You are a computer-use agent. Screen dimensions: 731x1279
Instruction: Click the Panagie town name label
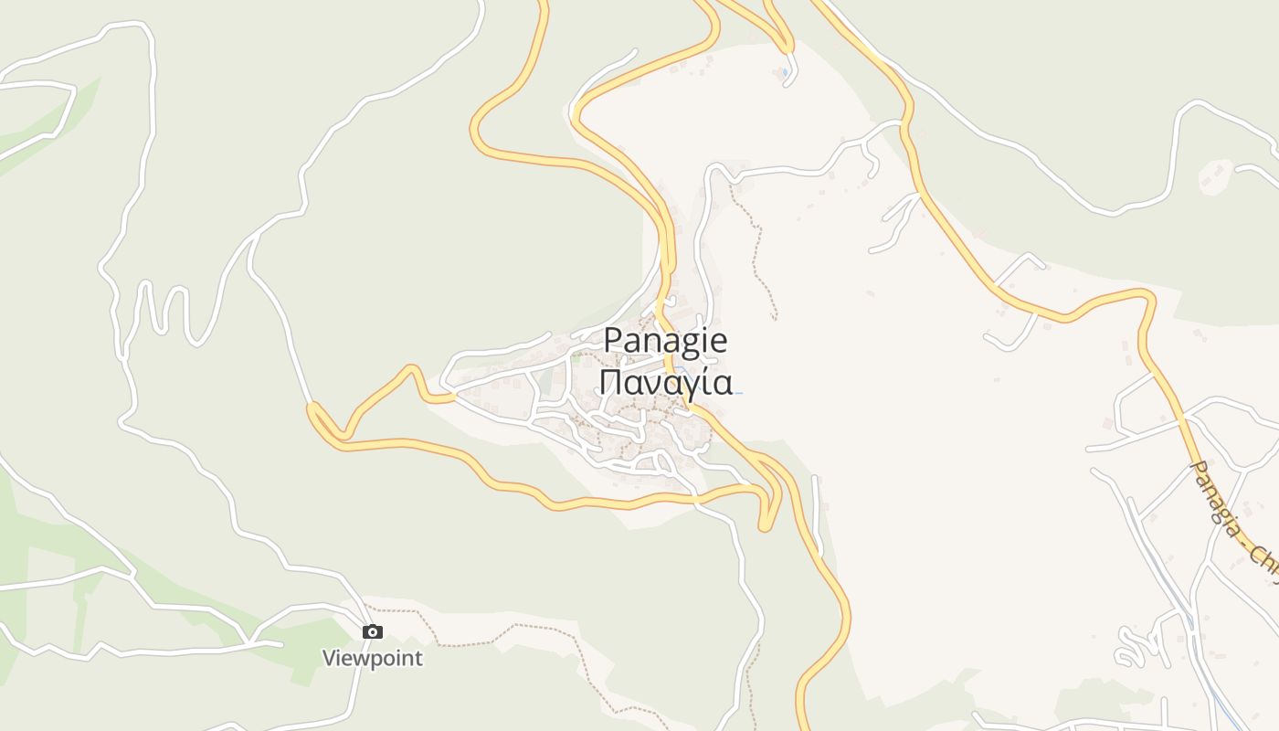[665, 341]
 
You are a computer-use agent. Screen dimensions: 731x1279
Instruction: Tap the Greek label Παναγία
[665, 382]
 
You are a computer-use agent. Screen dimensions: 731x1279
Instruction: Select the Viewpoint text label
[373, 658]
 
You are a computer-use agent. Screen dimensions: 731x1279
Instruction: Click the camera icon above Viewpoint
[372, 631]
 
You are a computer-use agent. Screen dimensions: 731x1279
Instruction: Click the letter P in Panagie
[613, 341]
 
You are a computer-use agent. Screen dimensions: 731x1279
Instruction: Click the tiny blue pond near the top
[785, 71]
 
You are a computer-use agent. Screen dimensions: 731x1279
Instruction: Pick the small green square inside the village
[576, 359]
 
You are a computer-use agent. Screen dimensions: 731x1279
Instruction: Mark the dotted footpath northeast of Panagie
[756, 247]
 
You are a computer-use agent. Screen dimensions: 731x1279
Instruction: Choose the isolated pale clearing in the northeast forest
[1214, 175]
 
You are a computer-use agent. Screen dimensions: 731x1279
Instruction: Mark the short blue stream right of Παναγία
[736, 393]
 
